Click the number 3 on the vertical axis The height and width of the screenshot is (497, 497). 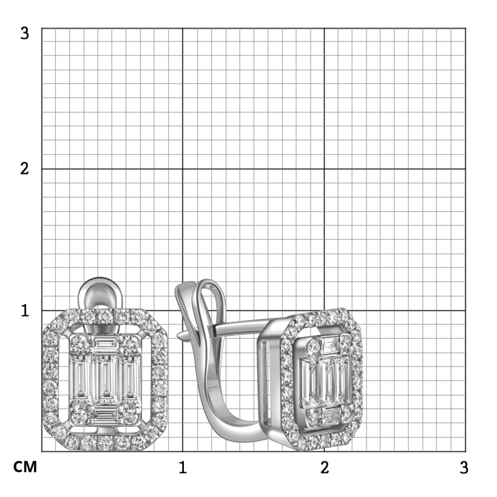coord(25,33)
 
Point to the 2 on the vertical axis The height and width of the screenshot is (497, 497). coord(25,169)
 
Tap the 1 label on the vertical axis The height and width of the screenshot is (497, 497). coord(25,310)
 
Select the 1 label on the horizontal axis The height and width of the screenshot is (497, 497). coord(182,467)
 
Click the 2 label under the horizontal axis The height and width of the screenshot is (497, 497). coord(324,467)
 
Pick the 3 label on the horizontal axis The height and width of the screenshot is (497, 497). coord(464,467)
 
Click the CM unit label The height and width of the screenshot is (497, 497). coord(25,467)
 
